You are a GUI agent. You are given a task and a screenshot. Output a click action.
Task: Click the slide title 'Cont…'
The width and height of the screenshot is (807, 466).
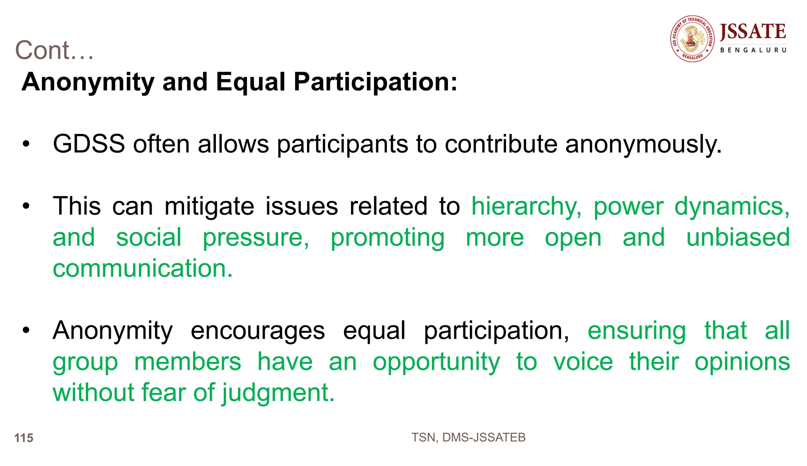point(54,50)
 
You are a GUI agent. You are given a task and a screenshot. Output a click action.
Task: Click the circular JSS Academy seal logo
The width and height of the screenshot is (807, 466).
point(692,39)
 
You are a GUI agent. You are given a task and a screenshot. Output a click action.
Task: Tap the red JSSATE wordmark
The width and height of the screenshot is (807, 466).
point(753,32)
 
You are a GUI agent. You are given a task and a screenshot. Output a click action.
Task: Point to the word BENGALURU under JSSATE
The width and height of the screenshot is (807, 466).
point(753,50)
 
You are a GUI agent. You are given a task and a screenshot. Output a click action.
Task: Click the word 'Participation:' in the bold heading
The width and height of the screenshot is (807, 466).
point(376,82)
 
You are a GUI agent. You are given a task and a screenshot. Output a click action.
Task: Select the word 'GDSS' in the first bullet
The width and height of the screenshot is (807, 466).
point(89,144)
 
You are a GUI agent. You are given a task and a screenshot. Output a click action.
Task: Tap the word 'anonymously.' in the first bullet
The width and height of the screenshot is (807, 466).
point(643,145)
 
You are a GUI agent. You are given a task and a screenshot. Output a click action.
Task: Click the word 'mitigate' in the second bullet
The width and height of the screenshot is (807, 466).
point(209,207)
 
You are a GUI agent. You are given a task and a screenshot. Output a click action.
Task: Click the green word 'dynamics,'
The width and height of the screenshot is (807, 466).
point(732,207)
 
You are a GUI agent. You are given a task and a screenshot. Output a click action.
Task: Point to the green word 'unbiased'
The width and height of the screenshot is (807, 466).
point(738,237)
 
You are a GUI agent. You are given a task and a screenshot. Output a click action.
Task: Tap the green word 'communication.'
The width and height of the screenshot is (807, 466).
point(143,268)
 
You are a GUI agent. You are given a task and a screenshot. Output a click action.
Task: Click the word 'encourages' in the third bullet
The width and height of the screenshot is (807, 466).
point(258,330)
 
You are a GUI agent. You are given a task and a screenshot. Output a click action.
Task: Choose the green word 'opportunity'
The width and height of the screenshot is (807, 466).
point(437,362)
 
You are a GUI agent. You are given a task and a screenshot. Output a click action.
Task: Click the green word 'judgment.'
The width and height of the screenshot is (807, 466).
point(278,393)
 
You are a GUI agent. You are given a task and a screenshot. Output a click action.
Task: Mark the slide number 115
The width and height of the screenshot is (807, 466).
point(24,438)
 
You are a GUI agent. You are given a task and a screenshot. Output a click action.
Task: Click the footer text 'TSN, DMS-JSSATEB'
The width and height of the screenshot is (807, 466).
point(468,438)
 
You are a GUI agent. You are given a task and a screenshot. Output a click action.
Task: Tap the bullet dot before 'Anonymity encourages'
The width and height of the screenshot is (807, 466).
point(26,330)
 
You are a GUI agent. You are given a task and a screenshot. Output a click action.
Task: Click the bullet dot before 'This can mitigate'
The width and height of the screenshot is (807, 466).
point(26,207)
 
